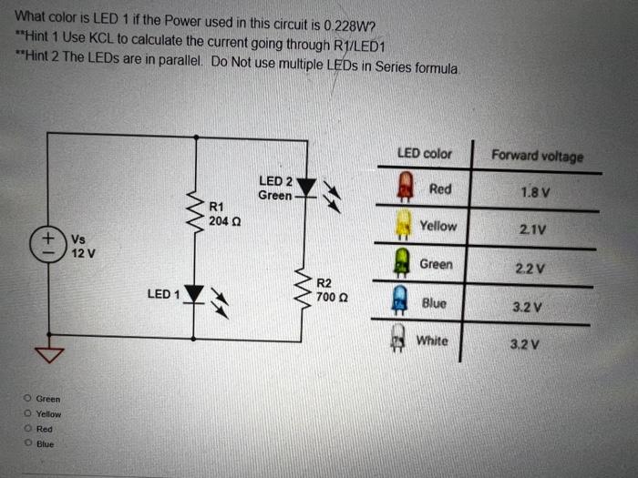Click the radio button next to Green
(28, 398)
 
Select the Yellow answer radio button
(28, 413)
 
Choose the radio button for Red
(28, 428)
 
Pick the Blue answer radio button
(28, 443)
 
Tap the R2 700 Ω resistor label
(326, 290)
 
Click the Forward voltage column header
(537, 157)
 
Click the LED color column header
(424, 154)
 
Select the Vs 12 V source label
(82, 246)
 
